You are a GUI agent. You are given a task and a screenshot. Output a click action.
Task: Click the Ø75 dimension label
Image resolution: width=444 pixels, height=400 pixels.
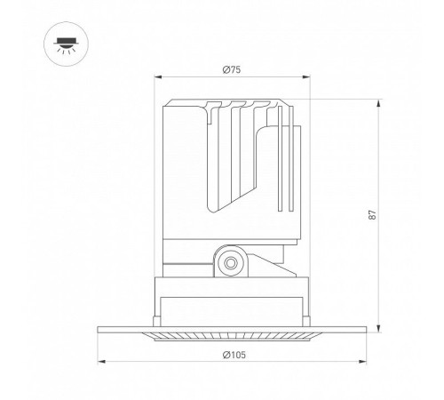pyautogui.click(x=232, y=70)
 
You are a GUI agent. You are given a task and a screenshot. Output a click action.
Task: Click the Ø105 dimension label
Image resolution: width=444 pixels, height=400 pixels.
pyautogui.click(x=234, y=355)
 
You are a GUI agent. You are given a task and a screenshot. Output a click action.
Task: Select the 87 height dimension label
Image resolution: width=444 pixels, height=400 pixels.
pyautogui.click(x=373, y=214)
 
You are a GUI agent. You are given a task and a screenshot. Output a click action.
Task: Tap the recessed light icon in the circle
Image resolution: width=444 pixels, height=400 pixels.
pyautogui.click(x=67, y=45)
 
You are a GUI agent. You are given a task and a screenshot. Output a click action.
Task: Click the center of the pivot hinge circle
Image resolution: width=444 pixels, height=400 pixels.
pyautogui.click(x=231, y=263)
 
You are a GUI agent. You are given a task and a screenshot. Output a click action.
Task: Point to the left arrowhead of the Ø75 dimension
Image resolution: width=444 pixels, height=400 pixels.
pyautogui.click(x=158, y=77)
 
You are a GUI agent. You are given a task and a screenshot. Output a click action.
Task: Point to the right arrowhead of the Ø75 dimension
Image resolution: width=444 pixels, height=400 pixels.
pyautogui.click(x=306, y=77)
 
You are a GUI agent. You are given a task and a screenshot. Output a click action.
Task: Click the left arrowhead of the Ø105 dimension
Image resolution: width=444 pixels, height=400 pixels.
pyautogui.click(x=101, y=362)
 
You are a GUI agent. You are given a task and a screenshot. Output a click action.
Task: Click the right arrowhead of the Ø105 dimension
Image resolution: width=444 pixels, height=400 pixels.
pyautogui.click(x=362, y=362)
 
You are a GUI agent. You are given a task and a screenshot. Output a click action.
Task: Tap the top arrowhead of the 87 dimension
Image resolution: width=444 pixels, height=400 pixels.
pyautogui.click(x=378, y=104)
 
